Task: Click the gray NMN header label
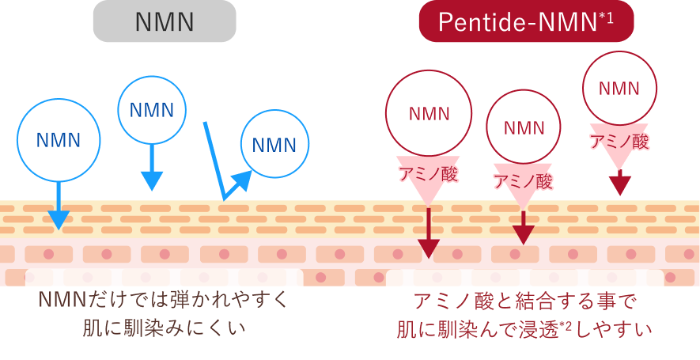[165, 22]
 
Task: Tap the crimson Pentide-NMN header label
[526, 22]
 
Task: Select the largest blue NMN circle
[59, 140]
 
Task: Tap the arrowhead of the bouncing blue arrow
[242, 181]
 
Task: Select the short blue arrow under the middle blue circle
[151, 170]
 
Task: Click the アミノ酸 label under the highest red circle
[620, 142]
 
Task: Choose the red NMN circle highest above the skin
[620, 88]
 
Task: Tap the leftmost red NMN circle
[429, 113]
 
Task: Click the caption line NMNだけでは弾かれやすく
[165, 301]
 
